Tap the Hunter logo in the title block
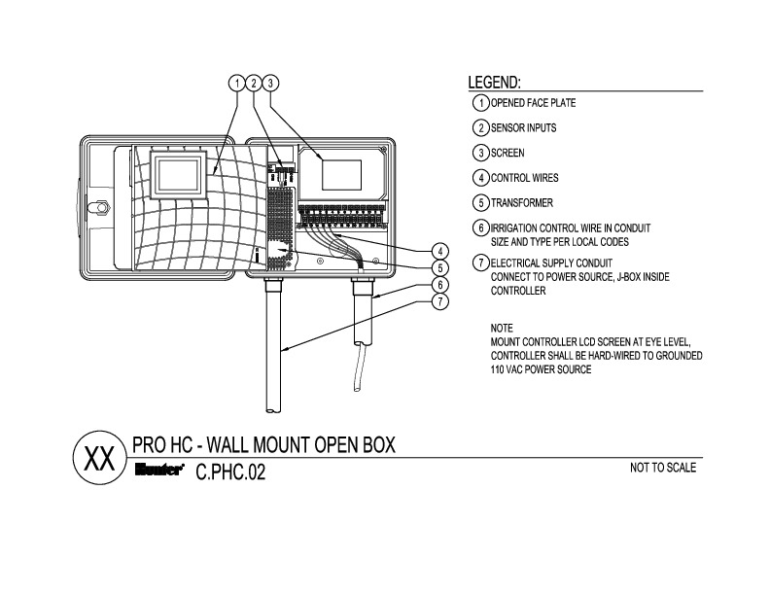(x=158, y=473)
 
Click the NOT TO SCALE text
(x=663, y=468)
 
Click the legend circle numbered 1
(x=479, y=102)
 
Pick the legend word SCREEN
(x=507, y=153)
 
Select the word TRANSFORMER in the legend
(x=521, y=203)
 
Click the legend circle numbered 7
(x=479, y=262)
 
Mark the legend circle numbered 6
(x=479, y=228)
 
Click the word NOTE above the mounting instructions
(x=502, y=329)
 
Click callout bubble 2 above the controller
(x=254, y=83)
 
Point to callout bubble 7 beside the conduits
(x=439, y=300)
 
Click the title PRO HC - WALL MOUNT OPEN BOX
(x=263, y=445)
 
